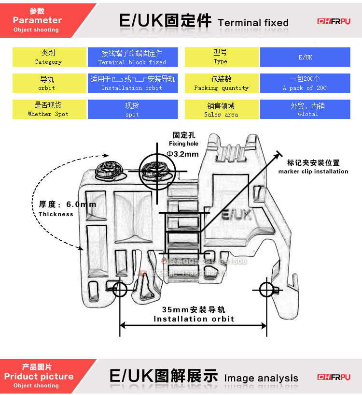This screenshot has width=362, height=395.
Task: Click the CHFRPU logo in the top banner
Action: coord(334,21)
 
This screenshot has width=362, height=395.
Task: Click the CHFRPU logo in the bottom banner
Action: coord(334,377)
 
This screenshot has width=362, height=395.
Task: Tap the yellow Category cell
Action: coord(49,57)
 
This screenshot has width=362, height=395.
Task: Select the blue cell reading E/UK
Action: coord(305,57)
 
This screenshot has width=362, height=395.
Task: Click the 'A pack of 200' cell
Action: coord(305,83)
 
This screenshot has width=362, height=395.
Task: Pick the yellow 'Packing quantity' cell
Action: coord(222,83)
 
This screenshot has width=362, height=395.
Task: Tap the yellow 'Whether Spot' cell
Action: coord(49,109)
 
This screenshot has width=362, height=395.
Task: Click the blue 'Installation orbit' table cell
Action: coord(132,83)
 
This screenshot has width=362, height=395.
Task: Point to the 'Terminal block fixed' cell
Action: coord(132,57)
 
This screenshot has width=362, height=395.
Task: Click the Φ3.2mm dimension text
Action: coord(182,154)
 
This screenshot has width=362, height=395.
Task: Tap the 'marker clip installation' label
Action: coord(313,171)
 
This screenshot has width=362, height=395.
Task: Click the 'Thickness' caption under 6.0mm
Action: coord(56,214)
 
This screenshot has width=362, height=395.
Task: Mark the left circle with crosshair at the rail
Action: coord(120,290)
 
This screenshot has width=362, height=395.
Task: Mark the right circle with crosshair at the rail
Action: coord(266,290)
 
